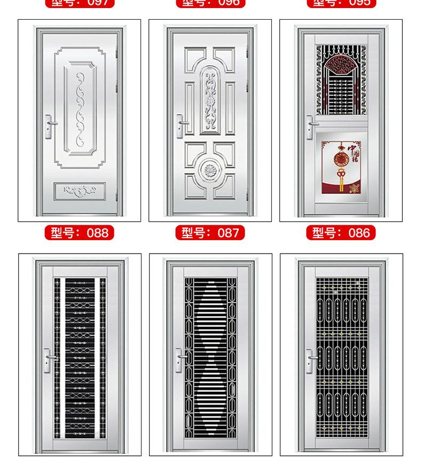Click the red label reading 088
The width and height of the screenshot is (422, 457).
click(80, 233)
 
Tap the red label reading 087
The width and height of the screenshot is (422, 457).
click(210, 233)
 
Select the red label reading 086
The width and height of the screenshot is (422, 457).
click(341, 233)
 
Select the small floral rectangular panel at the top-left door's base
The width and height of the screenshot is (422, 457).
click(80, 191)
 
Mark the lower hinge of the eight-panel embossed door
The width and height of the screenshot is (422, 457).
click(247, 196)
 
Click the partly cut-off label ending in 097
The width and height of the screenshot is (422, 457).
click(80, 3)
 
